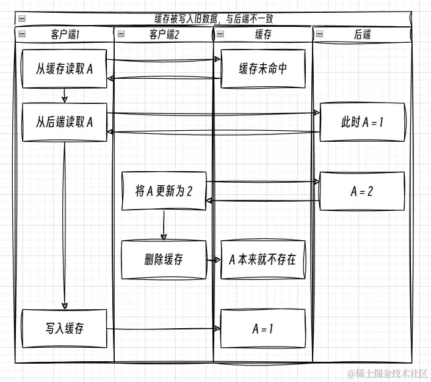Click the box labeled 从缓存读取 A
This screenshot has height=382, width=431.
[x=65, y=69]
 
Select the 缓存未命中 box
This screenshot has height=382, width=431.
[x=263, y=69]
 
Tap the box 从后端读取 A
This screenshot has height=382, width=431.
[x=65, y=122]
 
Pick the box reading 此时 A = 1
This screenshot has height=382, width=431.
[x=362, y=122]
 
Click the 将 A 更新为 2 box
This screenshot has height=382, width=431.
[x=164, y=191]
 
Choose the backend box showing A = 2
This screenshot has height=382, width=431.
[x=362, y=191]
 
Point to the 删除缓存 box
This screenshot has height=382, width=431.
[x=164, y=259]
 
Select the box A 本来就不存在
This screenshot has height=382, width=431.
[x=263, y=259]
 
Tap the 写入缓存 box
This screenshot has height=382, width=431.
[x=65, y=329]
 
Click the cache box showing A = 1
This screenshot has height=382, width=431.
[x=263, y=329]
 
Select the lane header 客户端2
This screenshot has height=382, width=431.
[x=164, y=35]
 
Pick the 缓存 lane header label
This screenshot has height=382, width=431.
[x=263, y=35]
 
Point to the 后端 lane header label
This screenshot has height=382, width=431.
[x=362, y=35]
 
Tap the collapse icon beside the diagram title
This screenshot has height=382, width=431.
[x=22, y=19]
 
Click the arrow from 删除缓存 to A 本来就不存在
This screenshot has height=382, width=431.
[x=213, y=260]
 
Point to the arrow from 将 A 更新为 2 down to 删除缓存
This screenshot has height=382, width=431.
[x=163, y=226]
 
